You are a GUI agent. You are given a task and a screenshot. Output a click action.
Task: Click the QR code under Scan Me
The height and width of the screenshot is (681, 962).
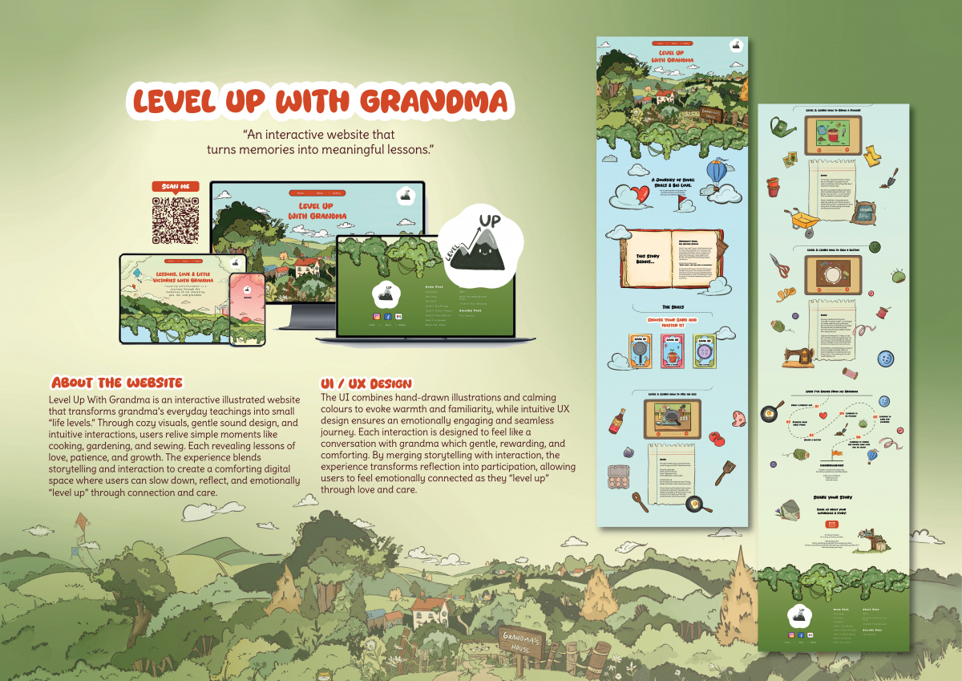175,220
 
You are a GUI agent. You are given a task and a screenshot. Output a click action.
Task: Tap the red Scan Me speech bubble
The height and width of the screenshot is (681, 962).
175,187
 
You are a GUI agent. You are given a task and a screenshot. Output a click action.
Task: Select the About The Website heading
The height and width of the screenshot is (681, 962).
117,383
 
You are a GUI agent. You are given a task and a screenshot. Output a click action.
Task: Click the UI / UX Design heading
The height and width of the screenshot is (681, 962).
366,383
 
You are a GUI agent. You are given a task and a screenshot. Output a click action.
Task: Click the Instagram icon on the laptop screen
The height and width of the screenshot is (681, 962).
377,316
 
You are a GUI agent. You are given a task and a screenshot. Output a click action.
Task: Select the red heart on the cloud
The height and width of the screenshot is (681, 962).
639,194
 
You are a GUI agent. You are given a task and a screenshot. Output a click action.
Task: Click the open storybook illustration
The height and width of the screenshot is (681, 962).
672,257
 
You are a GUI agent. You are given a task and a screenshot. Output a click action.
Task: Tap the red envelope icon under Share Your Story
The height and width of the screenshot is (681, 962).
831,524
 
